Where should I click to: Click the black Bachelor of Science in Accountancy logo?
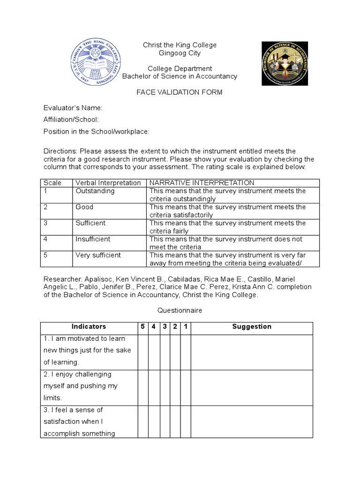285,63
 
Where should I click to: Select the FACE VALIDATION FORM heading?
180,92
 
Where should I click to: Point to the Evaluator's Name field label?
73,108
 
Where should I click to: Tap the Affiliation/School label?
71,120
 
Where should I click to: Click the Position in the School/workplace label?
96,131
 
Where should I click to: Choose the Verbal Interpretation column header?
108,183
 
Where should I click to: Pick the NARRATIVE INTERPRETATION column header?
202,183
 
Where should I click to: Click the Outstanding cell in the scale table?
95,191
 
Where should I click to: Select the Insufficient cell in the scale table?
93,239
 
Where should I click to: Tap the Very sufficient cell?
98,255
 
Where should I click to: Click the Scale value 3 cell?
46,223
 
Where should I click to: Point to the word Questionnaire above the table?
180,310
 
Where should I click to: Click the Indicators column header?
89,327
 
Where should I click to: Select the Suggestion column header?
252,327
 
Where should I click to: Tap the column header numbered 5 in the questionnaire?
142,327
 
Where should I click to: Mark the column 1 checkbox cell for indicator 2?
186,387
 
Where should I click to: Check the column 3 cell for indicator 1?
165,352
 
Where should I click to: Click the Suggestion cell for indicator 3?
252,421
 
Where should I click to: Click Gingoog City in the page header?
180,52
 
